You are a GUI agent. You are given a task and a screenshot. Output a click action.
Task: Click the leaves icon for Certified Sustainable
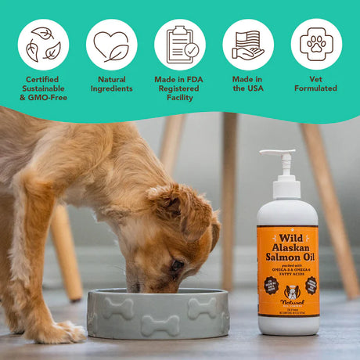point(43,44)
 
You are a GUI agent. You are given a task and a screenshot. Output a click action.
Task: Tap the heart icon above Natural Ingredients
point(112,44)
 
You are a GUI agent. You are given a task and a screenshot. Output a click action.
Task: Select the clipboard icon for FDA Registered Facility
point(180,44)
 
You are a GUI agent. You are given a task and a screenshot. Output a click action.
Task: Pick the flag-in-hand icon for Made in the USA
point(248,44)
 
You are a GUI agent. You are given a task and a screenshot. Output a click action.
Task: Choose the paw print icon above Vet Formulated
point(316,44)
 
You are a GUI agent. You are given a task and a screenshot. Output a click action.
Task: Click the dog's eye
point(179,264)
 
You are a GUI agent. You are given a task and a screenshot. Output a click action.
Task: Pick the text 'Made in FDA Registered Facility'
point(180,88)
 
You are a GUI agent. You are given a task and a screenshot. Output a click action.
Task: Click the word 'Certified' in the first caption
point(43,79)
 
